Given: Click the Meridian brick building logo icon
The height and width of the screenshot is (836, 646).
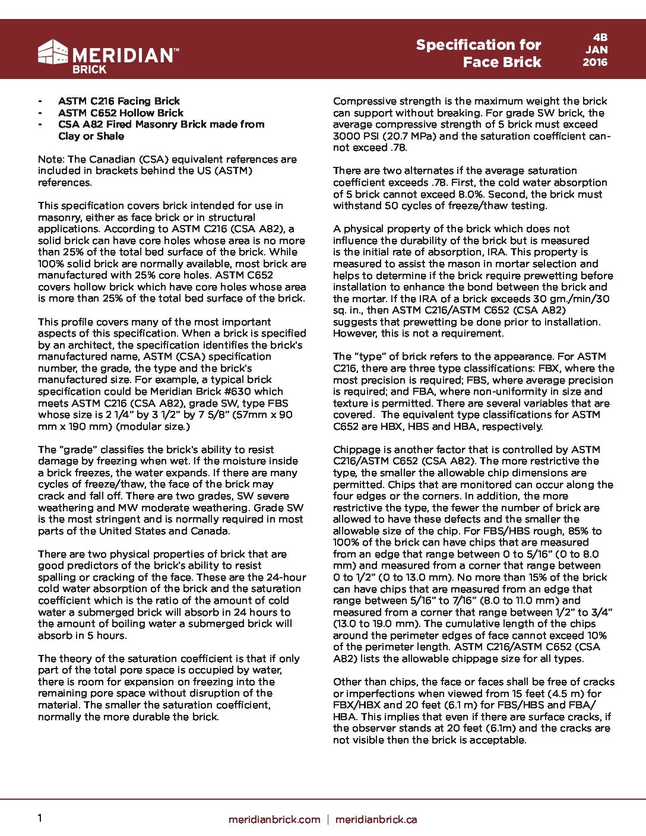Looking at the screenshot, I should coord(53,52).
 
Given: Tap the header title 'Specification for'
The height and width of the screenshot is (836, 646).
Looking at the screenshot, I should coord(478,45).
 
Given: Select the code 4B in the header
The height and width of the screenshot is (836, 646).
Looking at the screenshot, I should coord(600,37).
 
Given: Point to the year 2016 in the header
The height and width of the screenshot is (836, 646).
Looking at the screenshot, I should coord(595,62).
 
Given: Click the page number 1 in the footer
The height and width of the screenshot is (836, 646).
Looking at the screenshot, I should coord(40,818).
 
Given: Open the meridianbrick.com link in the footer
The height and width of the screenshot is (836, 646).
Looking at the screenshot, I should coord(274,819).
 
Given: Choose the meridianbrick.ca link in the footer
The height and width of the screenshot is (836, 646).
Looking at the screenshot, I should coord(376,819).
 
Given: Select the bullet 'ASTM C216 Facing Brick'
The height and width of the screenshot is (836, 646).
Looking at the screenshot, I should coord(119,101).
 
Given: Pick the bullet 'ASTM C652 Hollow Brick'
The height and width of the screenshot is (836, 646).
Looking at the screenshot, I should coord(121,113).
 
